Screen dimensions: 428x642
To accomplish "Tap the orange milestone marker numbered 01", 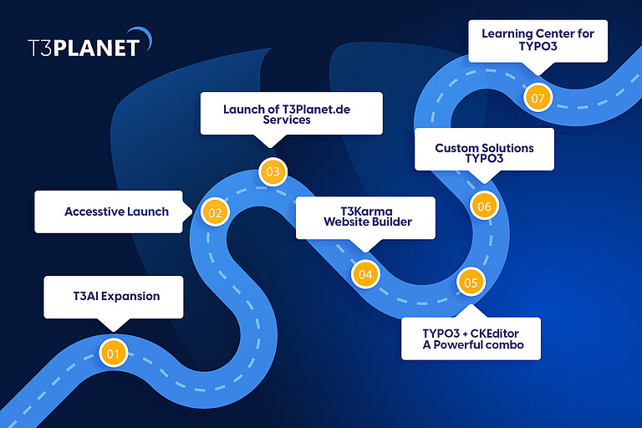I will pyautogui.click(x=112, y=354).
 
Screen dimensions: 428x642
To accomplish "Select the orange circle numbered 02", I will pyautogui.click(x=215, y=212).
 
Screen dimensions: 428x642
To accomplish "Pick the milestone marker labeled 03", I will pyautogui.click(x=273, y=172).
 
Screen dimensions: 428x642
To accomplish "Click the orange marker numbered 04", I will pyautogui.click(x=364, y=273).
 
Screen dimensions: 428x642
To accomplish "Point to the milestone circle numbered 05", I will pyautogui.click(x=471, y=283).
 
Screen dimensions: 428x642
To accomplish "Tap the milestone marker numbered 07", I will pyautogui.click(x=538, y=98).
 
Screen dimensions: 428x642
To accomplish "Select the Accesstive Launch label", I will pyautogui.click(x=116, y=211).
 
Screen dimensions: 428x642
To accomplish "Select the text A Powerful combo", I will pyautogui.click(x=471, y=345).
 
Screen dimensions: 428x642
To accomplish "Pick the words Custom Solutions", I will pyautogui.click(x=484, y=148).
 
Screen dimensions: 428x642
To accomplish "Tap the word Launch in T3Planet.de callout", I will pyautogui.click(x=242, y=109).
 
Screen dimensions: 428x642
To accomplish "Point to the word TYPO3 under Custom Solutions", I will pyautogui.click(x=484, y=159).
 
